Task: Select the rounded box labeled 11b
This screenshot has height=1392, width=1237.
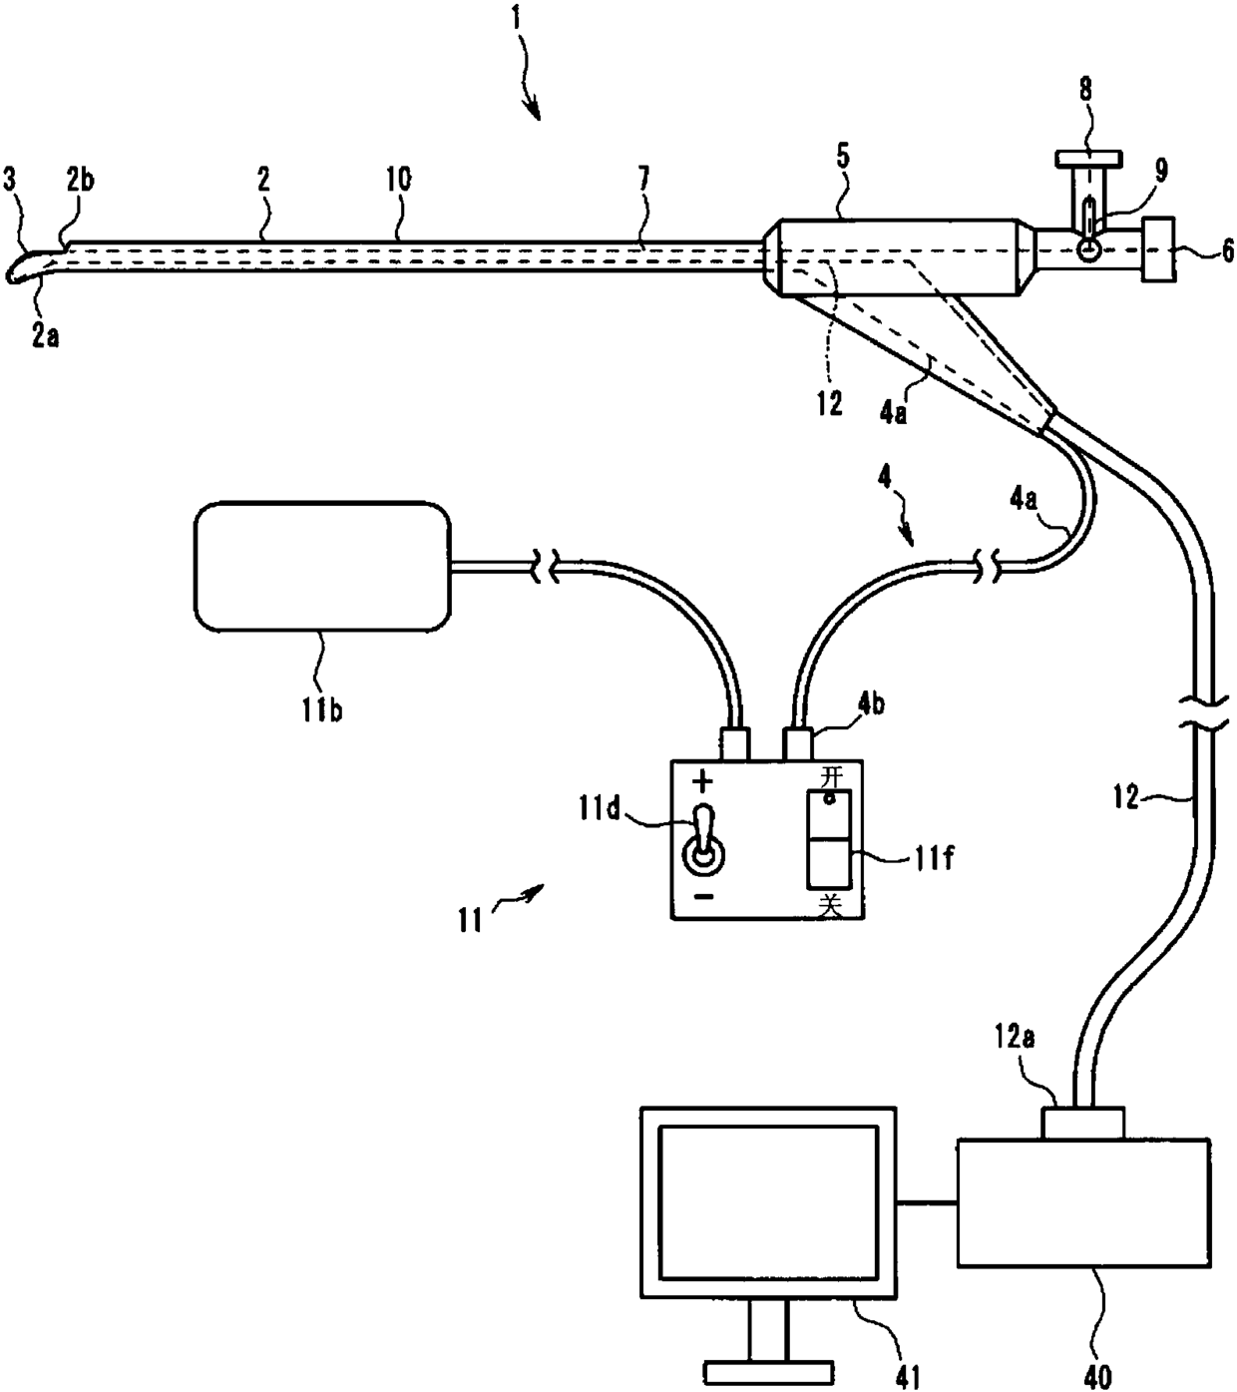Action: tap(323, 566)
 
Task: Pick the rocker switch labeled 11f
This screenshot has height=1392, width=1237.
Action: tap(829, 839)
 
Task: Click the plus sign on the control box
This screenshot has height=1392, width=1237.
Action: tap(702, 781)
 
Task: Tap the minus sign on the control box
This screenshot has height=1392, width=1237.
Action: tap(702, 897)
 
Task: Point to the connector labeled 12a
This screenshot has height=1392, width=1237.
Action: tap(1083, 1122)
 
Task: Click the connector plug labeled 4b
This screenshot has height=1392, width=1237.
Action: tap(798, 744)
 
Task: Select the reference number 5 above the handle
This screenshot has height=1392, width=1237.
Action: tap(843, 157)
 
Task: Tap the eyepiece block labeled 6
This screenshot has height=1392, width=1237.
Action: tap(1159, 249)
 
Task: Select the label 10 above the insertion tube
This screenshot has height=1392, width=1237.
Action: tap(399, 179)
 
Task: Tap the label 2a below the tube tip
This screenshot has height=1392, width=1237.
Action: tap(45, 336)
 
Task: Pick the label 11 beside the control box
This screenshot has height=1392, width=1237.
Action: tap(470, 919)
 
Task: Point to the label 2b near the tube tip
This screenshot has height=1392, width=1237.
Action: tap(81, 180)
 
